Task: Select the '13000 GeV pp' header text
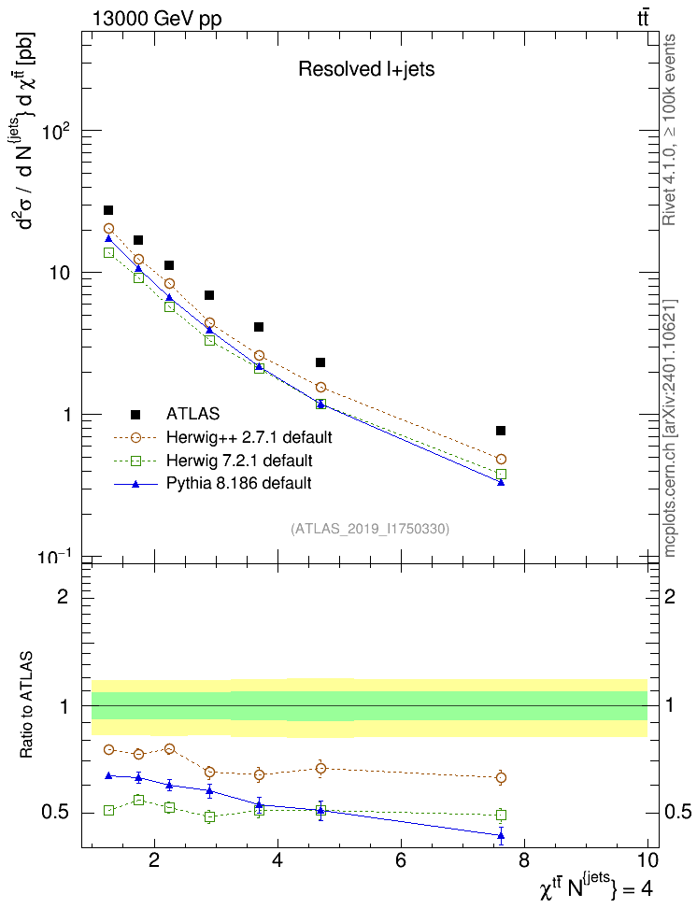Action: pyautogui.click(x=157, y=19)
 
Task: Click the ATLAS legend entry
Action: pyautogui.click(x=193, y=413)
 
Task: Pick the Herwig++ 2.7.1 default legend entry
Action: pyautogui.click(x=249, y=436)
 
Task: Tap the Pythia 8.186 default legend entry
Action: pyautogui.click(x=238, y=484)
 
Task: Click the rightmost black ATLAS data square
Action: pyautogui.click(x=501, y=431)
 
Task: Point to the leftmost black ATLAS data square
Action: pyautogui.click(x=108, y=210)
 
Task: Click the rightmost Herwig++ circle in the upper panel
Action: pyautogui.click(x=501, y=460)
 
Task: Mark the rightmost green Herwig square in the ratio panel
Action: pyautogui.click(x=501, y=815)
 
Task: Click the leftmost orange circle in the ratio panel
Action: pyautogui.click(x=109, y=749)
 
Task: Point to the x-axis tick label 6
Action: pyautogui.click(x=401, y=860)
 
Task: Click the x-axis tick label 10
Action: pyautogui.click(x=647, y=860)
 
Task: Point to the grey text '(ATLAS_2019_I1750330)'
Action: pyautogui.click(x=370, y=529)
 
